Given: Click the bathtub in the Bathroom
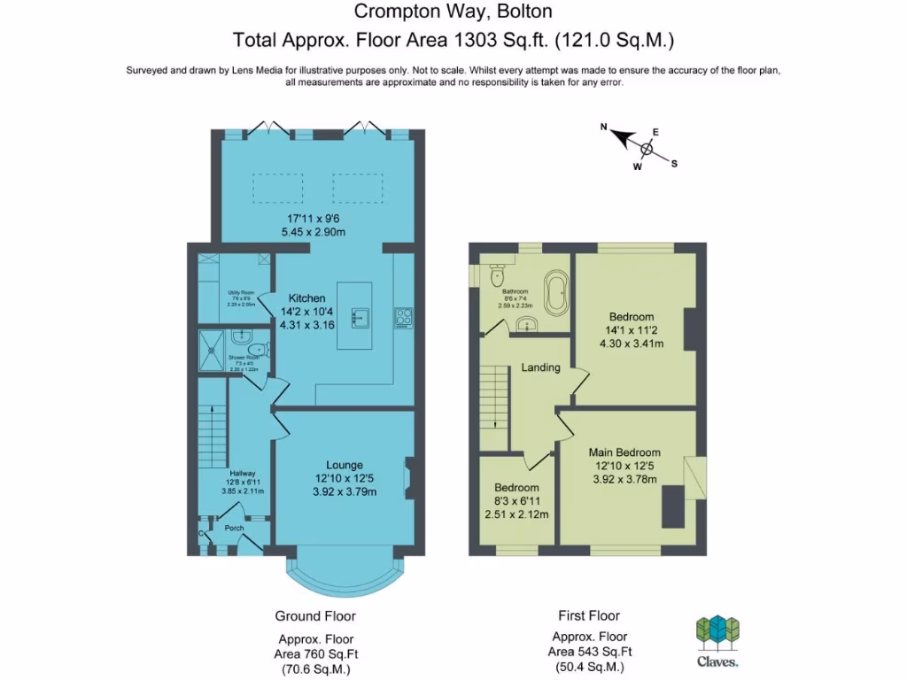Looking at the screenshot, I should click(x=556, y=293).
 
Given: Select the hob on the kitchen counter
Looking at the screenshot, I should click(x=403, y=316).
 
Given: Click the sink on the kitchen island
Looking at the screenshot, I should click(x=360, y=316).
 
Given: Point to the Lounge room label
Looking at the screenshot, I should click(x=345, y=465).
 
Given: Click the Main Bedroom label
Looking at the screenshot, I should click(x=624, y=452).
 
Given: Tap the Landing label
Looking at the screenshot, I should click(x=540, y=367).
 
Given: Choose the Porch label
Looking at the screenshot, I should click(x=234, y=529).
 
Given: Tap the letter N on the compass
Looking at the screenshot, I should click(x=604, y=127).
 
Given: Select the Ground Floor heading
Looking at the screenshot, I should click(x=315, y=615).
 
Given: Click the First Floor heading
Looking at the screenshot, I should click(x=589, y=615).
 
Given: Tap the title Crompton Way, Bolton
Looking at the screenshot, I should click(x=453, y=12).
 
